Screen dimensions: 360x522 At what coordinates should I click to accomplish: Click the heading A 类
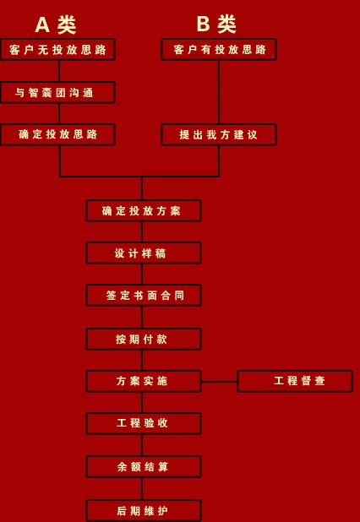point(56,24)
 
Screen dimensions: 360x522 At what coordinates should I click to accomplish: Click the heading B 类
point(216,24)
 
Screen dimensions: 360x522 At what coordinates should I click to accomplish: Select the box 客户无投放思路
point(57,50)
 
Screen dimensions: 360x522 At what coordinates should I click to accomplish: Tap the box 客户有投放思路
point(219,50)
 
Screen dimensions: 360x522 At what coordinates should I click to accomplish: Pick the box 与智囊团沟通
point(57,93)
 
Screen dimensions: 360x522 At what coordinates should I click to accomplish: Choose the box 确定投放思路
point(57,134)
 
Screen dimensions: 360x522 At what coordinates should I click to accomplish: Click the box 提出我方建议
point(219,134)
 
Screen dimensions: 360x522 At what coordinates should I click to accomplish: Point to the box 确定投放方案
point(144,210)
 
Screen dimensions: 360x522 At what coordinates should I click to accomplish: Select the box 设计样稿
point(144,253)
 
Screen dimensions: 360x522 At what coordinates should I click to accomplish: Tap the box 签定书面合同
point(144,296)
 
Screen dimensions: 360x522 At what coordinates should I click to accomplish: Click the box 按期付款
point(144,340)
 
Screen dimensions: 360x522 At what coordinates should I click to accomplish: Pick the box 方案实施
point(144,381)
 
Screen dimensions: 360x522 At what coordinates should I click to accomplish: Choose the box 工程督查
point(295,381)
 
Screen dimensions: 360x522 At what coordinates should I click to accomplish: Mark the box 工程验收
point(144,423)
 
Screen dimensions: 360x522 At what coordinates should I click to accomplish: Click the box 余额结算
point(144,467)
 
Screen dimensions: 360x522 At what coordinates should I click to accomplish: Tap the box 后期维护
point(144,510)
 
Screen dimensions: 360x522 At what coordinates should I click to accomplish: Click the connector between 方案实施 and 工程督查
point(220,382)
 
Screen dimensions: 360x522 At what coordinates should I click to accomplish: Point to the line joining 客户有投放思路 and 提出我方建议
point(219,92)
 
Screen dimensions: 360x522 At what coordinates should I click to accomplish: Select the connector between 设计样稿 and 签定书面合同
point(142,274)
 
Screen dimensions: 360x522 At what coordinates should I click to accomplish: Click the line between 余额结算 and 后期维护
point(142,489)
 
